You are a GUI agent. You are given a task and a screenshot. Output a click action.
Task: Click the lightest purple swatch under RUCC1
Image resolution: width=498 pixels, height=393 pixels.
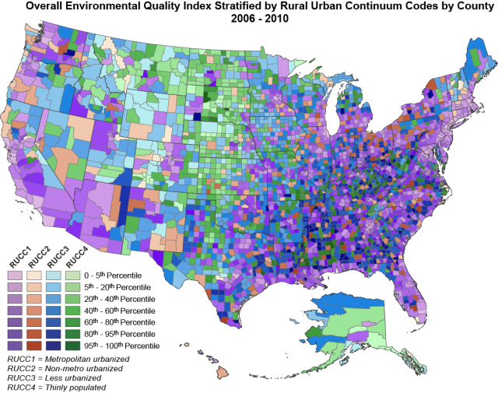coord(14,275)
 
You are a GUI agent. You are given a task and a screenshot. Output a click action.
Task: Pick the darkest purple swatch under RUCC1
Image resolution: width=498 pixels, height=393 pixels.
coord(14,345)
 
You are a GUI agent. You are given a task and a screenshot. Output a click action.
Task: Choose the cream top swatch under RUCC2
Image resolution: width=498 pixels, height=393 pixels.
coord(33,275)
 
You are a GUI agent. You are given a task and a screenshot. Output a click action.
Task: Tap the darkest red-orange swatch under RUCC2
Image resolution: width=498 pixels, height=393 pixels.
coord(33,345)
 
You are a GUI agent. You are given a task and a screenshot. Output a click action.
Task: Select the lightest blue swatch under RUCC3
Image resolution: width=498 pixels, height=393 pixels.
coord(53,275)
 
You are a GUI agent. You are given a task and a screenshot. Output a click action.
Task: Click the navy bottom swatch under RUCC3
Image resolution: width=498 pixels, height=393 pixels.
coord(53,345)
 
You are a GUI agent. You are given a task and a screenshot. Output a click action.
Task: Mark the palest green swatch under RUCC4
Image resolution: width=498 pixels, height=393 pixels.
coord(72,275)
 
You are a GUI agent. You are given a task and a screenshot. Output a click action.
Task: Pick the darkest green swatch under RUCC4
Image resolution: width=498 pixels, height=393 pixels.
coord(72,345)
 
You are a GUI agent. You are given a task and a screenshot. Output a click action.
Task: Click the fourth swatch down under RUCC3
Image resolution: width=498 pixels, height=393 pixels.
coord(53,310)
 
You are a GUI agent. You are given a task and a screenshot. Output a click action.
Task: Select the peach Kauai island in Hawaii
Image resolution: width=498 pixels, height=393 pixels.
coord(186,345)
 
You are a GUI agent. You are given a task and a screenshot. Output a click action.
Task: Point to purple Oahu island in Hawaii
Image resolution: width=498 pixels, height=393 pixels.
coord(199,351)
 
